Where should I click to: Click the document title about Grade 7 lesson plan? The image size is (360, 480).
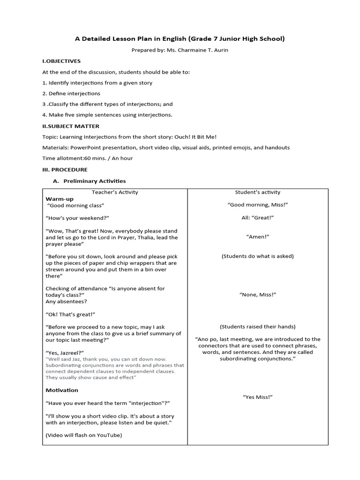(180, 39)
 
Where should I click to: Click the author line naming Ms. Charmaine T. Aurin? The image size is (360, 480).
(180, 50)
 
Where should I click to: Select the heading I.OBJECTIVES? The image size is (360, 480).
(61, 61)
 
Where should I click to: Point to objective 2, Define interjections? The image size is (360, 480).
(71, 93)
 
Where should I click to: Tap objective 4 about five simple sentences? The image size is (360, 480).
(107, 115)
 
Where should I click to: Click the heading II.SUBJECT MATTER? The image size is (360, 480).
(71, 126)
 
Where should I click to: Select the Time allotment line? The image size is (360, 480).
(88, 158)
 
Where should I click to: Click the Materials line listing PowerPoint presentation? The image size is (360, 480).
(166, 148)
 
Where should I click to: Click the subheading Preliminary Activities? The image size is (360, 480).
(95, 181)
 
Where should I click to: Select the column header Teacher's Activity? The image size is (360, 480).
(115, 192)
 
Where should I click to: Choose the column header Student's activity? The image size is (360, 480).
(257, 192)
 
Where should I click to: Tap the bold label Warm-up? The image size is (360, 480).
(60, 199)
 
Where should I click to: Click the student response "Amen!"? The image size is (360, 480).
(257, 238)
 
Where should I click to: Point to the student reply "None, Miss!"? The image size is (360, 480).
(257, 294)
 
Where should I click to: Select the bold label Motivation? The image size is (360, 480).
(62, 390)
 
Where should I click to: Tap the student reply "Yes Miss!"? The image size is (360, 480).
(257, 397)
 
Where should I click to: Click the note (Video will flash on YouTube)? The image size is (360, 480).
(83, 435)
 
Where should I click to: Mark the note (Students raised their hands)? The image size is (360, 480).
(257, 327)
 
